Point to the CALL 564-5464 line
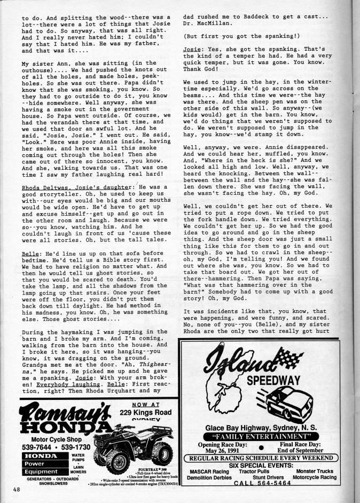coord(263,483)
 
